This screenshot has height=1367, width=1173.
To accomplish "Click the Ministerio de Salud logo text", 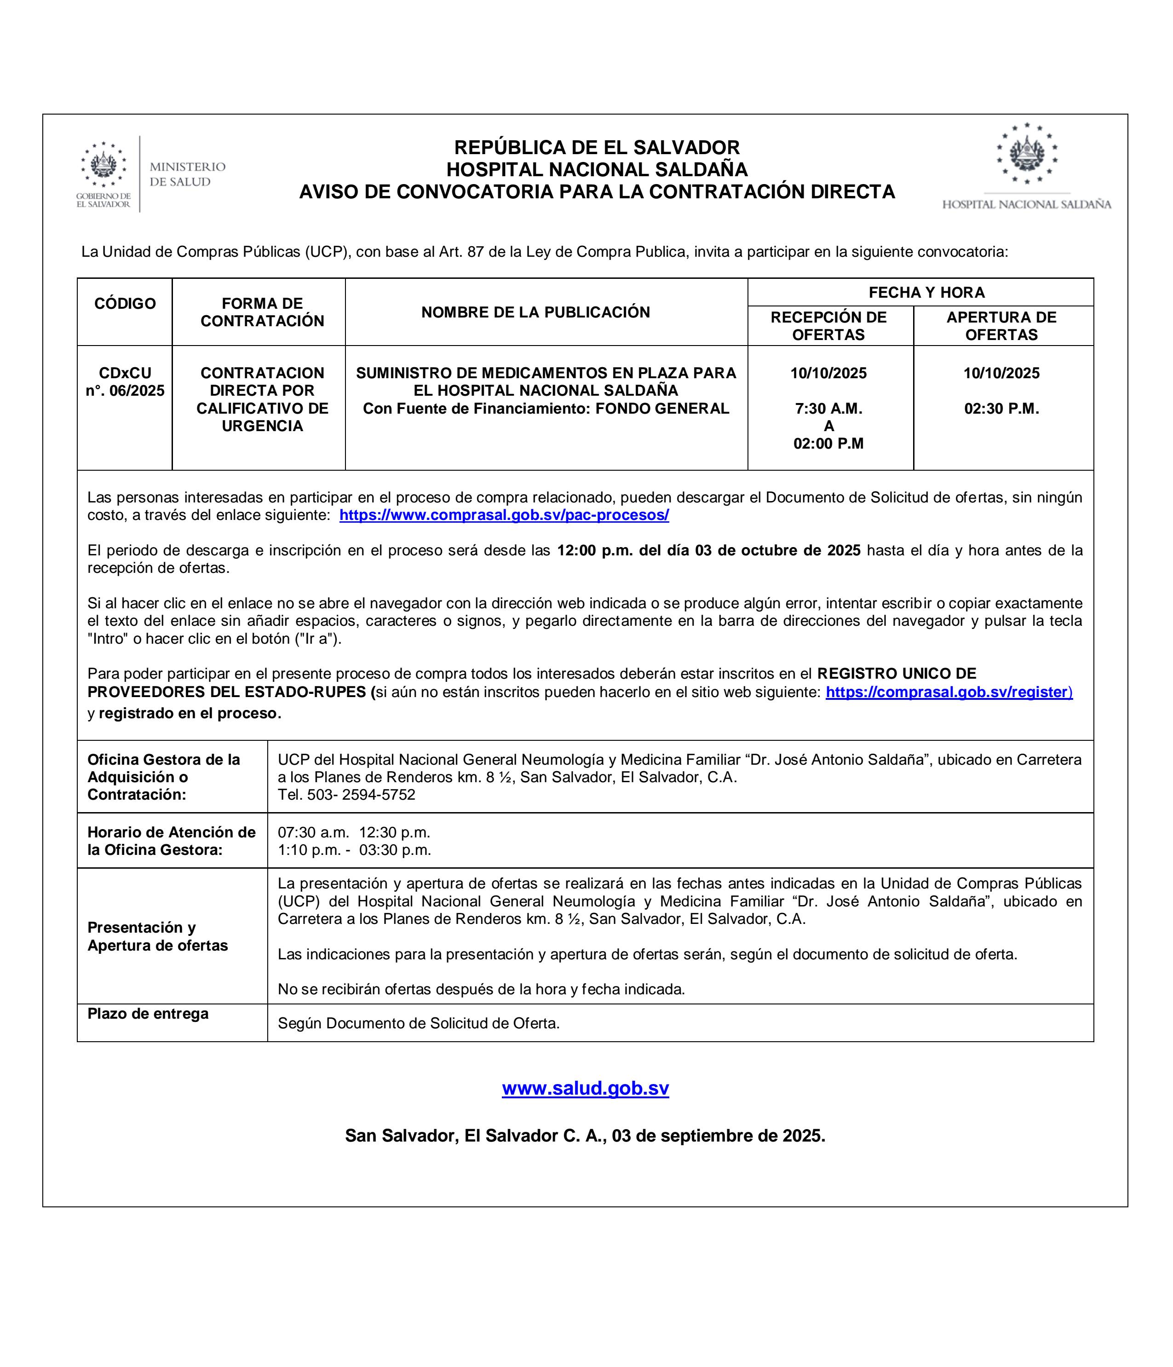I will [x=187, y=174].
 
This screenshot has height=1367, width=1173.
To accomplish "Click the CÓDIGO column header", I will [x=125, y=304].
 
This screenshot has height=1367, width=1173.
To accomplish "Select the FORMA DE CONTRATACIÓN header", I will [x=262, y=312].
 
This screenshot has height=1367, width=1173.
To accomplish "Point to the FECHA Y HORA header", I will [x=926, y=292].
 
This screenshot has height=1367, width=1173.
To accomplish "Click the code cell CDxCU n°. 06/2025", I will [x=125, y=382].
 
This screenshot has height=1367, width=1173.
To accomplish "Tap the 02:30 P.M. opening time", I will [x=1001, y=409].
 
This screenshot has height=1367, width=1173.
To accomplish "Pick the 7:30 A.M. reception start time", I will [x=828, y=409].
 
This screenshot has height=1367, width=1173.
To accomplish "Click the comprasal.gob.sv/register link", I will [x=949, y=692].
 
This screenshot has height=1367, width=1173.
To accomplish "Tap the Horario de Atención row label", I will [x=171, y=841].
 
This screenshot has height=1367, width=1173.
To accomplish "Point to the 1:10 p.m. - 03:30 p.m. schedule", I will [x=354, y=850].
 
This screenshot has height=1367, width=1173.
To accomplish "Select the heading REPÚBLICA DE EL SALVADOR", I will [x=597, y=147].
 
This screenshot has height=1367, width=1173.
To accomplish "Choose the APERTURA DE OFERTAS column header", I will [x=1001, y=325].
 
